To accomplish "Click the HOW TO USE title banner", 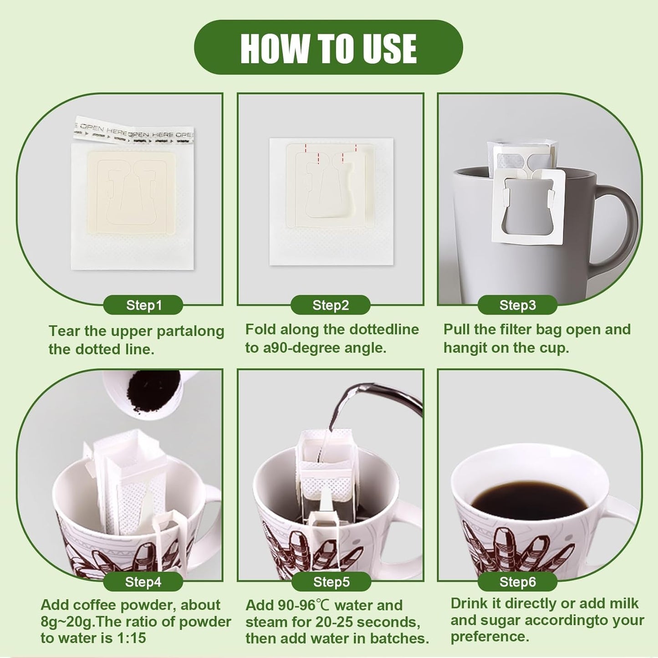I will pyautogui.click(x=328, y=47).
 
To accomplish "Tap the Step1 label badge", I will pyautogui.click(x=143, y=305).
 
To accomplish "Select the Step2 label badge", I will pyautogui.click(x=330, y=305).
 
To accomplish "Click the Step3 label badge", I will pyautogui.click(x=517, y=305).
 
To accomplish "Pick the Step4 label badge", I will pyautogui.click(x=143, y=582).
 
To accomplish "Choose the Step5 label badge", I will pyautogui.click(x=331, y=582).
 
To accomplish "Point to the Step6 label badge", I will pyautogui.click(x=517, y=582).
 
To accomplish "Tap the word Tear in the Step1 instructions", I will pyautogui.click(x=64, y=331).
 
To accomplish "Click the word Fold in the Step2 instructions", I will pyautogui.click(x=260, y=329).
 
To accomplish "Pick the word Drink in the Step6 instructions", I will pyautogui.click(x=469, y=603).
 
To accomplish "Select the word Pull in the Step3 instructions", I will pyautogui.click(x=457, y=329).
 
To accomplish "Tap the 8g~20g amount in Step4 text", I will pyautogui.click(x=68, y=622).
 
